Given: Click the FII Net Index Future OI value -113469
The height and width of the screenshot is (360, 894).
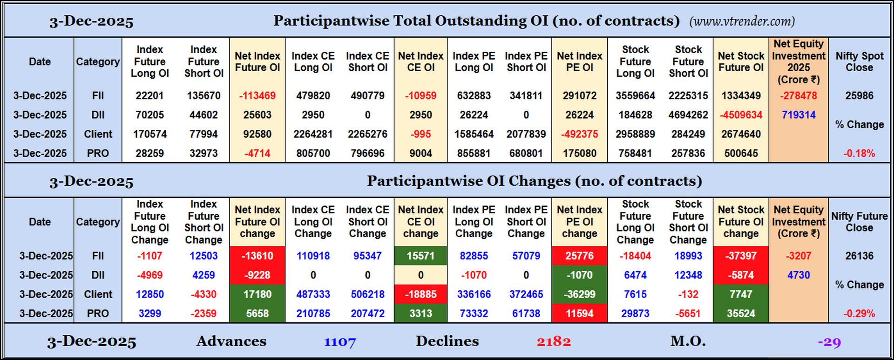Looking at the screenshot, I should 257,96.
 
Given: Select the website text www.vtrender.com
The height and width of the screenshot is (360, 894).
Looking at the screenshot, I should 742,21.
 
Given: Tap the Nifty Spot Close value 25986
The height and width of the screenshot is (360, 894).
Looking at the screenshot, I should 859,96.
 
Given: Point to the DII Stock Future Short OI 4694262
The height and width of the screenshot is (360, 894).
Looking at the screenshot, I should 688,115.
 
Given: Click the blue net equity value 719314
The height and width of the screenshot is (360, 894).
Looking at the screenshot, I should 798,115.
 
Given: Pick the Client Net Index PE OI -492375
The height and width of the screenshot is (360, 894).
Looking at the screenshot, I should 579,134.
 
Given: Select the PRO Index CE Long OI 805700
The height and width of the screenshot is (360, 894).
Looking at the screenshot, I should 313,153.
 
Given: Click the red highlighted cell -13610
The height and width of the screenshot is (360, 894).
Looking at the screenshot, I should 257,256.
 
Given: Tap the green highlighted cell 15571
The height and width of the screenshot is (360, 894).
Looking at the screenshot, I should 420,256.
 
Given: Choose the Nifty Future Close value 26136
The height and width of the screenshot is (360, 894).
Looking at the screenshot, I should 859,256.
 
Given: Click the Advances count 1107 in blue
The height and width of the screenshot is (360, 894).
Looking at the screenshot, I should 340,342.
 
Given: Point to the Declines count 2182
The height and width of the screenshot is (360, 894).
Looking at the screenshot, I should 553,342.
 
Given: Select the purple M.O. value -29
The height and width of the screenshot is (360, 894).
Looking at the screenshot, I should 829,342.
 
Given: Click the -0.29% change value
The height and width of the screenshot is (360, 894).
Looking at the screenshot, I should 859,314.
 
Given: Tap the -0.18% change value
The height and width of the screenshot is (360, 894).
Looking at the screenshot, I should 859,154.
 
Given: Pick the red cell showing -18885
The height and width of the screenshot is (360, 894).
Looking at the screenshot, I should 420,294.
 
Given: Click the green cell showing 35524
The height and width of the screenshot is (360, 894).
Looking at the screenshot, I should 740,313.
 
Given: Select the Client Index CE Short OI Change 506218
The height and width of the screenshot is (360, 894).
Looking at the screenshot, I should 367,294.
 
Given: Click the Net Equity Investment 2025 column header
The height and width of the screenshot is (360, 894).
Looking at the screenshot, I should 798,61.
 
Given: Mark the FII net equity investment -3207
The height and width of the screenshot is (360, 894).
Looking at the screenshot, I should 798,256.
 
